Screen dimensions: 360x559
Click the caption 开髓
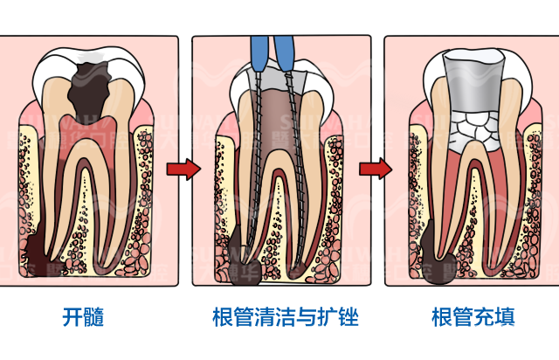click(84, 316)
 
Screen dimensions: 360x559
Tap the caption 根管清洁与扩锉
click(286, 316)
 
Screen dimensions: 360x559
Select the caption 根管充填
click(473, 316)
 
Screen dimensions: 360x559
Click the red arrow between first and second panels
click(179, 169)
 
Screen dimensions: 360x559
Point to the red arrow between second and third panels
click(373, 169)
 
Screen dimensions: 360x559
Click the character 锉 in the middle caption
click(349, 316)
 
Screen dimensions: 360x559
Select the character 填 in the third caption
click(505, 316)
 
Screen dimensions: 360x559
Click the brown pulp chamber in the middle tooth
click(279, 122)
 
